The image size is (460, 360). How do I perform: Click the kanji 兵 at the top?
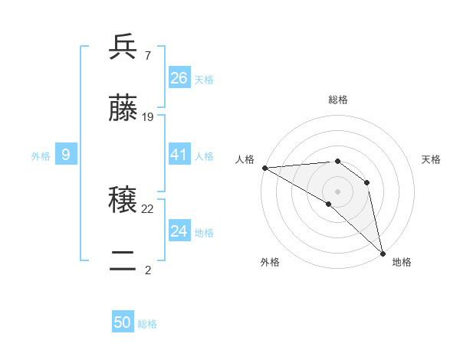[123, 47]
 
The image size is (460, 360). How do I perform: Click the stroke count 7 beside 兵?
[147, 55]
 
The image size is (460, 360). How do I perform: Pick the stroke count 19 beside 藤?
[148, 117]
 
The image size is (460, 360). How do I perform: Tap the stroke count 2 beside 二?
[147, 270]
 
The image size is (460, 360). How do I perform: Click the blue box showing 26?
[179, 78]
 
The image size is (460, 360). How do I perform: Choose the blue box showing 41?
[179, 155]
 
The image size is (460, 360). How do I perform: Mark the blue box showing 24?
[179, 231]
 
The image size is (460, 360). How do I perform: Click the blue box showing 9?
[66, 155]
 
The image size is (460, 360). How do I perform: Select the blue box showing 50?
[123, 323]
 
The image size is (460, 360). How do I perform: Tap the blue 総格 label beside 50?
[148, 324]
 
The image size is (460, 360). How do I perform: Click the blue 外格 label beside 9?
[41, 156]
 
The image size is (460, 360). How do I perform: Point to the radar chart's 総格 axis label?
[338, 100]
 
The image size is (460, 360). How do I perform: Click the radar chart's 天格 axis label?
[431, 159]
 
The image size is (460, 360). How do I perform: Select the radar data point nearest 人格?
[264, 168]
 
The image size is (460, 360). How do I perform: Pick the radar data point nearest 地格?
[383, 252]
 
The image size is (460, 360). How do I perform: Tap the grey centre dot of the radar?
[337, 191]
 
